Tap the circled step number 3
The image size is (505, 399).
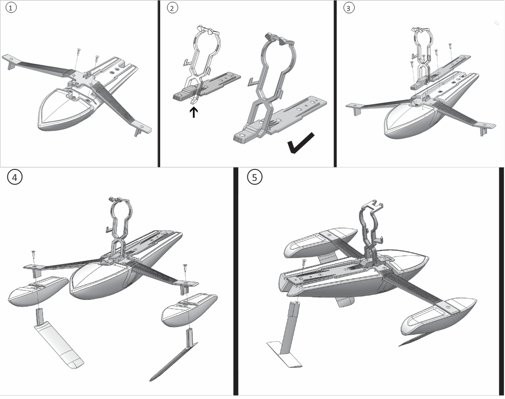(347, 8)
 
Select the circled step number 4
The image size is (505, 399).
(15, 178)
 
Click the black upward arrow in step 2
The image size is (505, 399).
(194, 113)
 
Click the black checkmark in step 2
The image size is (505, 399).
(301, 143)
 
